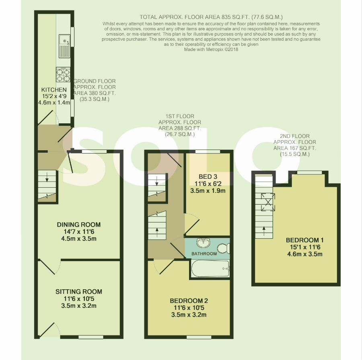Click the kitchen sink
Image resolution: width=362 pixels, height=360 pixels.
pos(64,46)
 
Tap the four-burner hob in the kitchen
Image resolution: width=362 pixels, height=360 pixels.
pos(63,75)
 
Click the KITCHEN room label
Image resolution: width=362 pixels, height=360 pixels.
pos(54,90)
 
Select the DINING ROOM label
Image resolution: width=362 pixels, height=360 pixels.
pos(79,225)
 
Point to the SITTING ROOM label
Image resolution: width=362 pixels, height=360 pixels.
pos(79,292)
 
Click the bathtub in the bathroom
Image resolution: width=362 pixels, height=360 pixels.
pos(210,268)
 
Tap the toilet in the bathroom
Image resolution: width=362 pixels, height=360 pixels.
pos(223,248)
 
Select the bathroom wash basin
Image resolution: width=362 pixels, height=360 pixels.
pos(204,243)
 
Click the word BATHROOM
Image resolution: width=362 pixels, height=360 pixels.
pos(204,254)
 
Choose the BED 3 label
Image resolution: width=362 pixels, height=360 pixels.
pos(208,177)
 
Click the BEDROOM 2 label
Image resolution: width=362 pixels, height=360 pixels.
pos(189,301)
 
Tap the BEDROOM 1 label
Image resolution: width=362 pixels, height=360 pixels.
pos(305,240)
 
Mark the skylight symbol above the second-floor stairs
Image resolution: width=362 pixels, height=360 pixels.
pos(268,202)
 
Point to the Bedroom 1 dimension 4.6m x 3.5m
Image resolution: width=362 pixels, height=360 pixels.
pos(305,254)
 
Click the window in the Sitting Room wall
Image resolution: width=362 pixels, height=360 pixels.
pos(91,337)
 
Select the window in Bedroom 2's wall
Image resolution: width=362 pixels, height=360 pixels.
pos(199,337)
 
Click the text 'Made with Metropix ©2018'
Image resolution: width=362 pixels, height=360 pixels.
pos(211,49)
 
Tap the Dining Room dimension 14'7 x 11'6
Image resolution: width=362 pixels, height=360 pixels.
pos(79,232)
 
